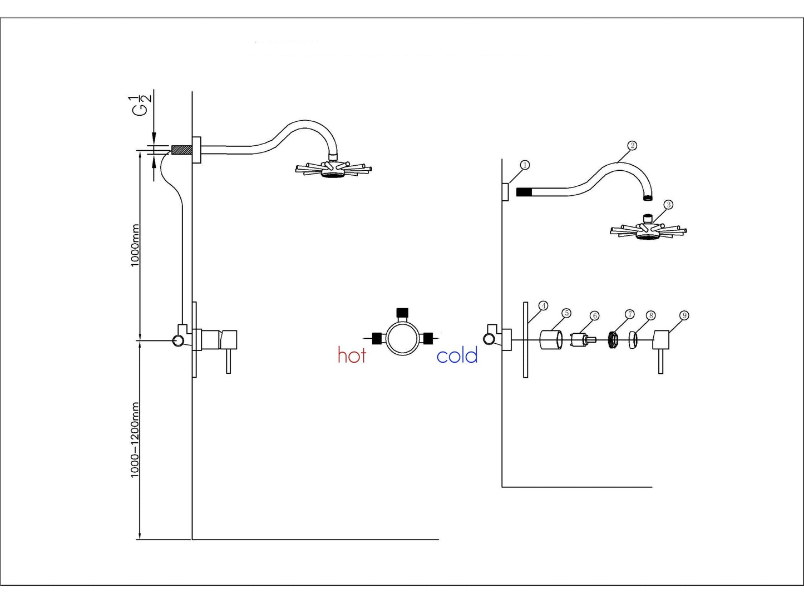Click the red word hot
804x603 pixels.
click(352, 355)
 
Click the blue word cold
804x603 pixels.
click(457, 355)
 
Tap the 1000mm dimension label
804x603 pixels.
click(135, 245)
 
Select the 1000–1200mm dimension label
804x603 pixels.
click(135, 440)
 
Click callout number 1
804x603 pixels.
click(524, 165)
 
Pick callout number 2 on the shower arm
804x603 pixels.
click(632, 146)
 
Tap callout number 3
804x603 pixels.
click(668, 205)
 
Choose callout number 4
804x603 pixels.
click(543, 305)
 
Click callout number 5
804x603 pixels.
click(566, 313)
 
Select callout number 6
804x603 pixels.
click(594, 316)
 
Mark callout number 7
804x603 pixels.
click(629, 314)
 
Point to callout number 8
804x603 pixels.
click(651, 315)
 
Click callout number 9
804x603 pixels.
click(684, 315)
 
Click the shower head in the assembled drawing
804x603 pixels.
click(333, 169)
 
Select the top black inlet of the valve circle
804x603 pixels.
click(402, 312)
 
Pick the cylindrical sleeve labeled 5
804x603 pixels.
click(550, 340)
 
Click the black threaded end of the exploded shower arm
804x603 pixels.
click(524, 192)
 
